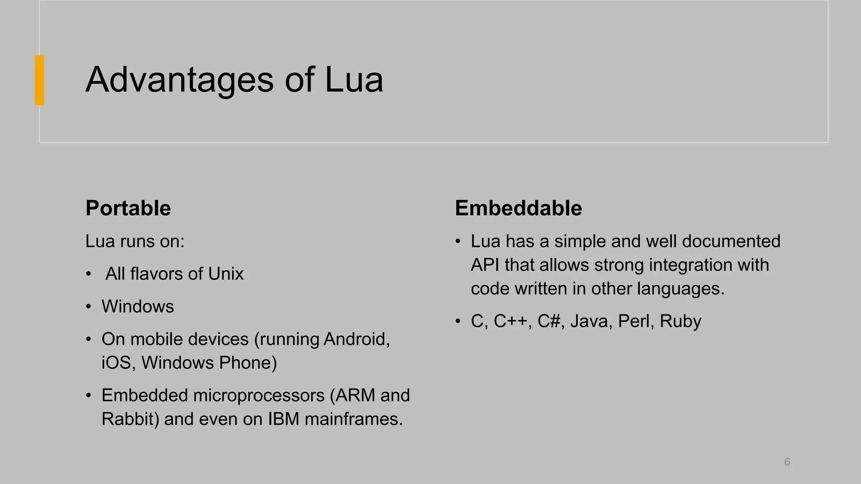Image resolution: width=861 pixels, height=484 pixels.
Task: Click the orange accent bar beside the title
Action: coord(40,80)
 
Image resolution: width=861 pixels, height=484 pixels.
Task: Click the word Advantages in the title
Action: coord(180,80)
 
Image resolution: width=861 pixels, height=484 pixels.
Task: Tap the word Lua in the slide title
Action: coord(354,80)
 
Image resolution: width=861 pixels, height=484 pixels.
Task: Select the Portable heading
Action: coord(128,208)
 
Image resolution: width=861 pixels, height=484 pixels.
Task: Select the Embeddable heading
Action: coord(518,208)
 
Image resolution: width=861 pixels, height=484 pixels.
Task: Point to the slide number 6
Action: coord(787,462)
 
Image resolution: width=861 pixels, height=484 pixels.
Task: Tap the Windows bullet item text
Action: coord(137,307)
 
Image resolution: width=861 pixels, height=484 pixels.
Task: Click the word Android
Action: coord(355,339)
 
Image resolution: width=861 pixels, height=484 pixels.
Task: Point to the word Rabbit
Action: coord(129,419)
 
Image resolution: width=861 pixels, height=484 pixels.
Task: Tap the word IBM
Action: coord(283,419)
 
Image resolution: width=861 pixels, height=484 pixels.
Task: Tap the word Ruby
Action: coord(680,321)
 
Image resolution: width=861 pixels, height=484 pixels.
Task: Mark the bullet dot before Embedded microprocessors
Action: coord(88,396)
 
